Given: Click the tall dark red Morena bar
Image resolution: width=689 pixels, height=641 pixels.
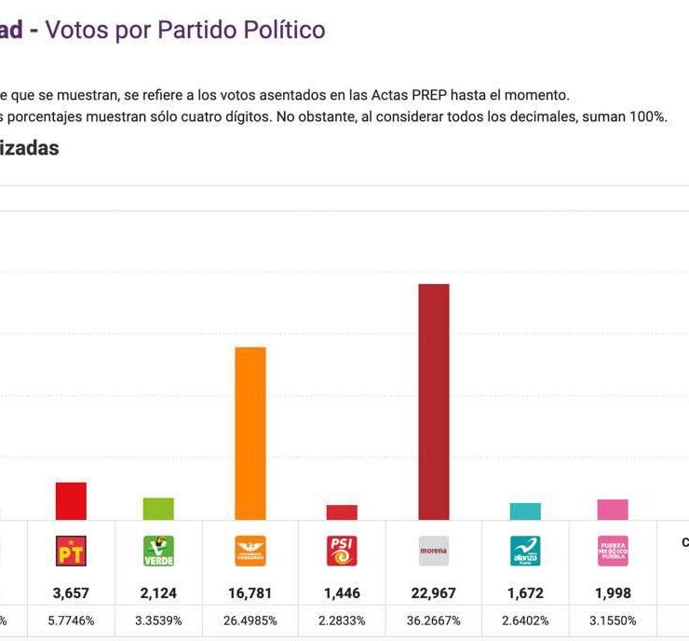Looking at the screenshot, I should tap(434, 402).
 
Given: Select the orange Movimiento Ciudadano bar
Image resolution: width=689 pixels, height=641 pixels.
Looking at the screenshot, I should tap(250, 433).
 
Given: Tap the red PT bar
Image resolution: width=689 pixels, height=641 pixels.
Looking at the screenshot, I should tap(71, 501).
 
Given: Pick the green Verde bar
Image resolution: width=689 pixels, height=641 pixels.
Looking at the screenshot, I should tap(158, 509).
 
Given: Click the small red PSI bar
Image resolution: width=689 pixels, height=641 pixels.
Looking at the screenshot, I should tap(342, 512).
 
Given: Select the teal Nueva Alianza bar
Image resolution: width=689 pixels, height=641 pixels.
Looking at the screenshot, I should tap(525, 511).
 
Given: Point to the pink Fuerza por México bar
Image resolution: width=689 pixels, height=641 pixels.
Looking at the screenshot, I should tap(613, 510).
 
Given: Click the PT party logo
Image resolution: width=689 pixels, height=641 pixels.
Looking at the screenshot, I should tap(71, 551).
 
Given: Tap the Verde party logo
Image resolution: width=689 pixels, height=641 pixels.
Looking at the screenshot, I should tap(158, 551).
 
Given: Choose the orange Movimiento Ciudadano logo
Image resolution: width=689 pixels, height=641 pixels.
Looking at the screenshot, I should tap(250, 551).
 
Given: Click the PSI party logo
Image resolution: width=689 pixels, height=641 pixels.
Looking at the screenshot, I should tap(342, 551).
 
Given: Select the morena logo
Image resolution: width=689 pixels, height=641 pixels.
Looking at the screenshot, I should tap(434, 551).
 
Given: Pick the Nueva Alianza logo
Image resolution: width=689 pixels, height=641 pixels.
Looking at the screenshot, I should tap(525, 551).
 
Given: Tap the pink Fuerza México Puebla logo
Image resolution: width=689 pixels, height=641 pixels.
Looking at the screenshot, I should tap(613, 551).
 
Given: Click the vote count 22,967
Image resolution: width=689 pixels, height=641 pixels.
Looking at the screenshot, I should tap(434, 593).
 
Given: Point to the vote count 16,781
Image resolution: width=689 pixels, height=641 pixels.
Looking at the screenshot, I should tap(250, 593).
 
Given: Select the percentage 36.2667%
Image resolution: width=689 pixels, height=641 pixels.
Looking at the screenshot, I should tap(434, 621).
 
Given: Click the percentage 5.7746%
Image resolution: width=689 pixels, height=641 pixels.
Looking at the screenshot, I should tap(71, 621).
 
